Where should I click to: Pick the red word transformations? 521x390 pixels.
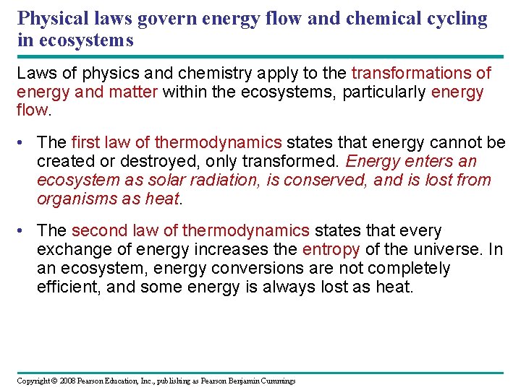(411, 74)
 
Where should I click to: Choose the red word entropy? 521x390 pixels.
(331, 250)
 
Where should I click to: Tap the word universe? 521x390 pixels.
(446, 250)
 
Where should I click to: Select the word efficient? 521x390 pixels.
(67, 287)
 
